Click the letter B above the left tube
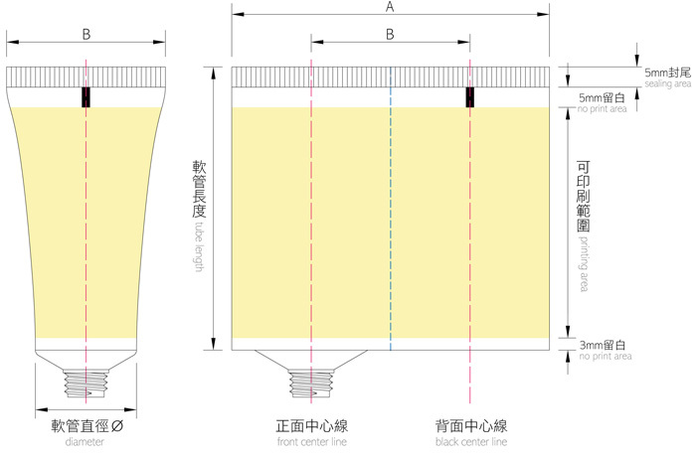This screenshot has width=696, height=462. coord(87,35)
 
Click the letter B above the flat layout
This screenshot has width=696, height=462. coord(390,35)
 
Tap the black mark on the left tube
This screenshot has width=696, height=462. coord(87,96)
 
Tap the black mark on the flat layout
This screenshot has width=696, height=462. coord(471,96)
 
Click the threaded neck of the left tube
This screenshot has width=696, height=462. coord(87,383)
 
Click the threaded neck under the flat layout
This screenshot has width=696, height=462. coord(311,383)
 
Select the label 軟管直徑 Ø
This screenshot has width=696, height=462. coord(87,426)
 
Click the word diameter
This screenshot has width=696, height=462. coord(85,441)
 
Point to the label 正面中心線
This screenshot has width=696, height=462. coord(311,426)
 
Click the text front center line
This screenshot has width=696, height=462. coord(311,441)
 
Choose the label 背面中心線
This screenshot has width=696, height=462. coord(471,426)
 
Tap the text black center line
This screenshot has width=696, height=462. coord(471,441)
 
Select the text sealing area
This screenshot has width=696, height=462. coord(667,84)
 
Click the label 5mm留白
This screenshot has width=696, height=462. coord(601,96)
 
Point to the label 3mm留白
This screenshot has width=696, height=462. coord(601,344)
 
